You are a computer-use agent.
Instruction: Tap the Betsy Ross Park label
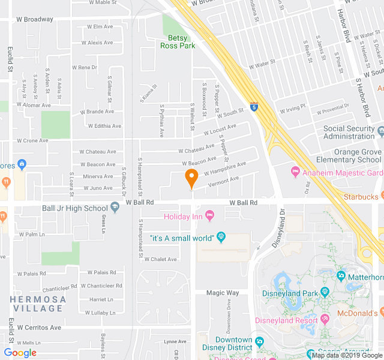tap(178, 41)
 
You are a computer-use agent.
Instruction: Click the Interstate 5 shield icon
tap(254, 106)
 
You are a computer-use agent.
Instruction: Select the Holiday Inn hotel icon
tap(209, 215)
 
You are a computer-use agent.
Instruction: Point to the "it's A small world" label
tap(182, 238)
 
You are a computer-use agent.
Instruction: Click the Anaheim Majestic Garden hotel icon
tap(295, 173)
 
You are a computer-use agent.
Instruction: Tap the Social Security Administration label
tap(353, 133)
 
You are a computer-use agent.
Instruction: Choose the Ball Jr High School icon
tap(115, 208)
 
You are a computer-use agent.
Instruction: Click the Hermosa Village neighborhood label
tap(37, 304)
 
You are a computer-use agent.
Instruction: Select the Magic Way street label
tap(223, 293)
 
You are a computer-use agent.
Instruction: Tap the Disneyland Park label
tap(290, 293)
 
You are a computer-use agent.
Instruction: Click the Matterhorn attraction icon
tap(341, 277)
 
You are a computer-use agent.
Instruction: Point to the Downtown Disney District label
tap(234, 344)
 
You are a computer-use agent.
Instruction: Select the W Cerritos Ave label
tap(39, 328)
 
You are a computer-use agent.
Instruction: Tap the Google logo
tap(20, 353)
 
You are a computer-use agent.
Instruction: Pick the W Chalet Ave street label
tap(160, 259)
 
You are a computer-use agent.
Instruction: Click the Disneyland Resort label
tap(286, 320)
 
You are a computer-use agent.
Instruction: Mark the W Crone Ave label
tap(32, 140)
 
